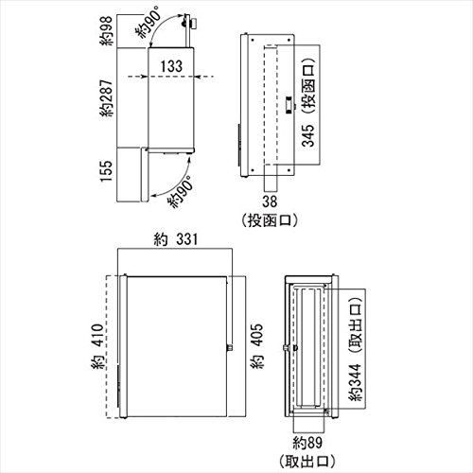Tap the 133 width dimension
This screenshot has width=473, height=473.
171,66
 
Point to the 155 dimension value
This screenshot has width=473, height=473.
106,170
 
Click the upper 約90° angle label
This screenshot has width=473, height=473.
149,22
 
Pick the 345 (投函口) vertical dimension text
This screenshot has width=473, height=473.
307,102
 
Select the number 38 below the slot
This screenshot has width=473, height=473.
270,201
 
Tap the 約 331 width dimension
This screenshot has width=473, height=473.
176,239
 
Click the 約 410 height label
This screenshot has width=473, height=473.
97,346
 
